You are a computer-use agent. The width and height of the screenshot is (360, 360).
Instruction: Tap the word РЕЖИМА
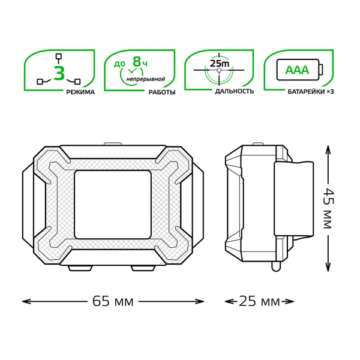pyautogui.click(x=80, y=92)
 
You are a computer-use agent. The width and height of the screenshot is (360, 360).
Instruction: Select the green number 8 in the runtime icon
pyautogui.click(x=137, y=62)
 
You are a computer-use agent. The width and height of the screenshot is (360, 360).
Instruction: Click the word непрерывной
pyautogui.click(x=146, y=79)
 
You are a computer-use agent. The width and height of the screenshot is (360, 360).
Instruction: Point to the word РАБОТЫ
pyautogui.click(x=162, y=92)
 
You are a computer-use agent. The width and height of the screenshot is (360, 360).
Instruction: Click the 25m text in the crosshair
pyautogui.click(x=220, y=63)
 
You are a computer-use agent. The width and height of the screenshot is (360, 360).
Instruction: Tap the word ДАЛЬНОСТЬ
pyautogui.click(x=235, y=91)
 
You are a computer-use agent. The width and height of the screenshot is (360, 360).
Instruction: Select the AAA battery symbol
pyautogui.click(x=300, y=70)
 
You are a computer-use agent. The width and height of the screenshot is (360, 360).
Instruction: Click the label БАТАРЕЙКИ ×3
pyautogui.click(x=311, y=92)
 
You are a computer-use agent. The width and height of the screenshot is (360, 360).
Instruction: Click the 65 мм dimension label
pyautogui.click(x=113, y=301)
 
